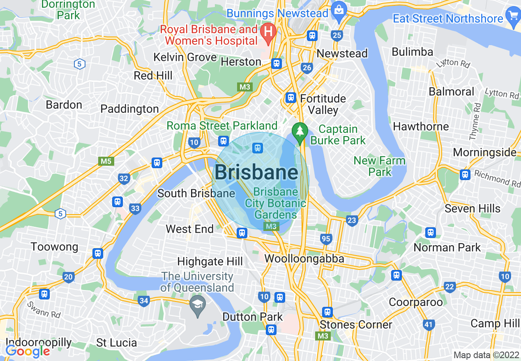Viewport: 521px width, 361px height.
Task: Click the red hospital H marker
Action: coord(269,31)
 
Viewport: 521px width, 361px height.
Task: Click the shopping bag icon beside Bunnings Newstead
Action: coord(339,9)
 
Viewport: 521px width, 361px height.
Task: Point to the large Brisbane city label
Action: coord(256,172)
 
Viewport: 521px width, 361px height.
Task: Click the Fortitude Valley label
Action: coord(323,104)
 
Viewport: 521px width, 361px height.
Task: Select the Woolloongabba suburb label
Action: coord(304,258)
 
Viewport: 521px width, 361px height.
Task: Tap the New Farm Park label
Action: coord(379,166)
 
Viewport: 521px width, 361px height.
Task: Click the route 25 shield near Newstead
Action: coord(337,36)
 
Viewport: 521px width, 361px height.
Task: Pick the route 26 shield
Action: coord(307,68)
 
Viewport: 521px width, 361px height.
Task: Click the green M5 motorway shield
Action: coord(106,161)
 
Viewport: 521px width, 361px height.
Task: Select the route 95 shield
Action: coord(326,239)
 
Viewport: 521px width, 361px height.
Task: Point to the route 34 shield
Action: coord(143,301)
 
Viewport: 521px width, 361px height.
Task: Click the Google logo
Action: coord(28,351)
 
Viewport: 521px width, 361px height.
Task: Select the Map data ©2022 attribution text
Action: coord(486,355)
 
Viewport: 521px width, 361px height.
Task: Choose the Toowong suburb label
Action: coord(54,247)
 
